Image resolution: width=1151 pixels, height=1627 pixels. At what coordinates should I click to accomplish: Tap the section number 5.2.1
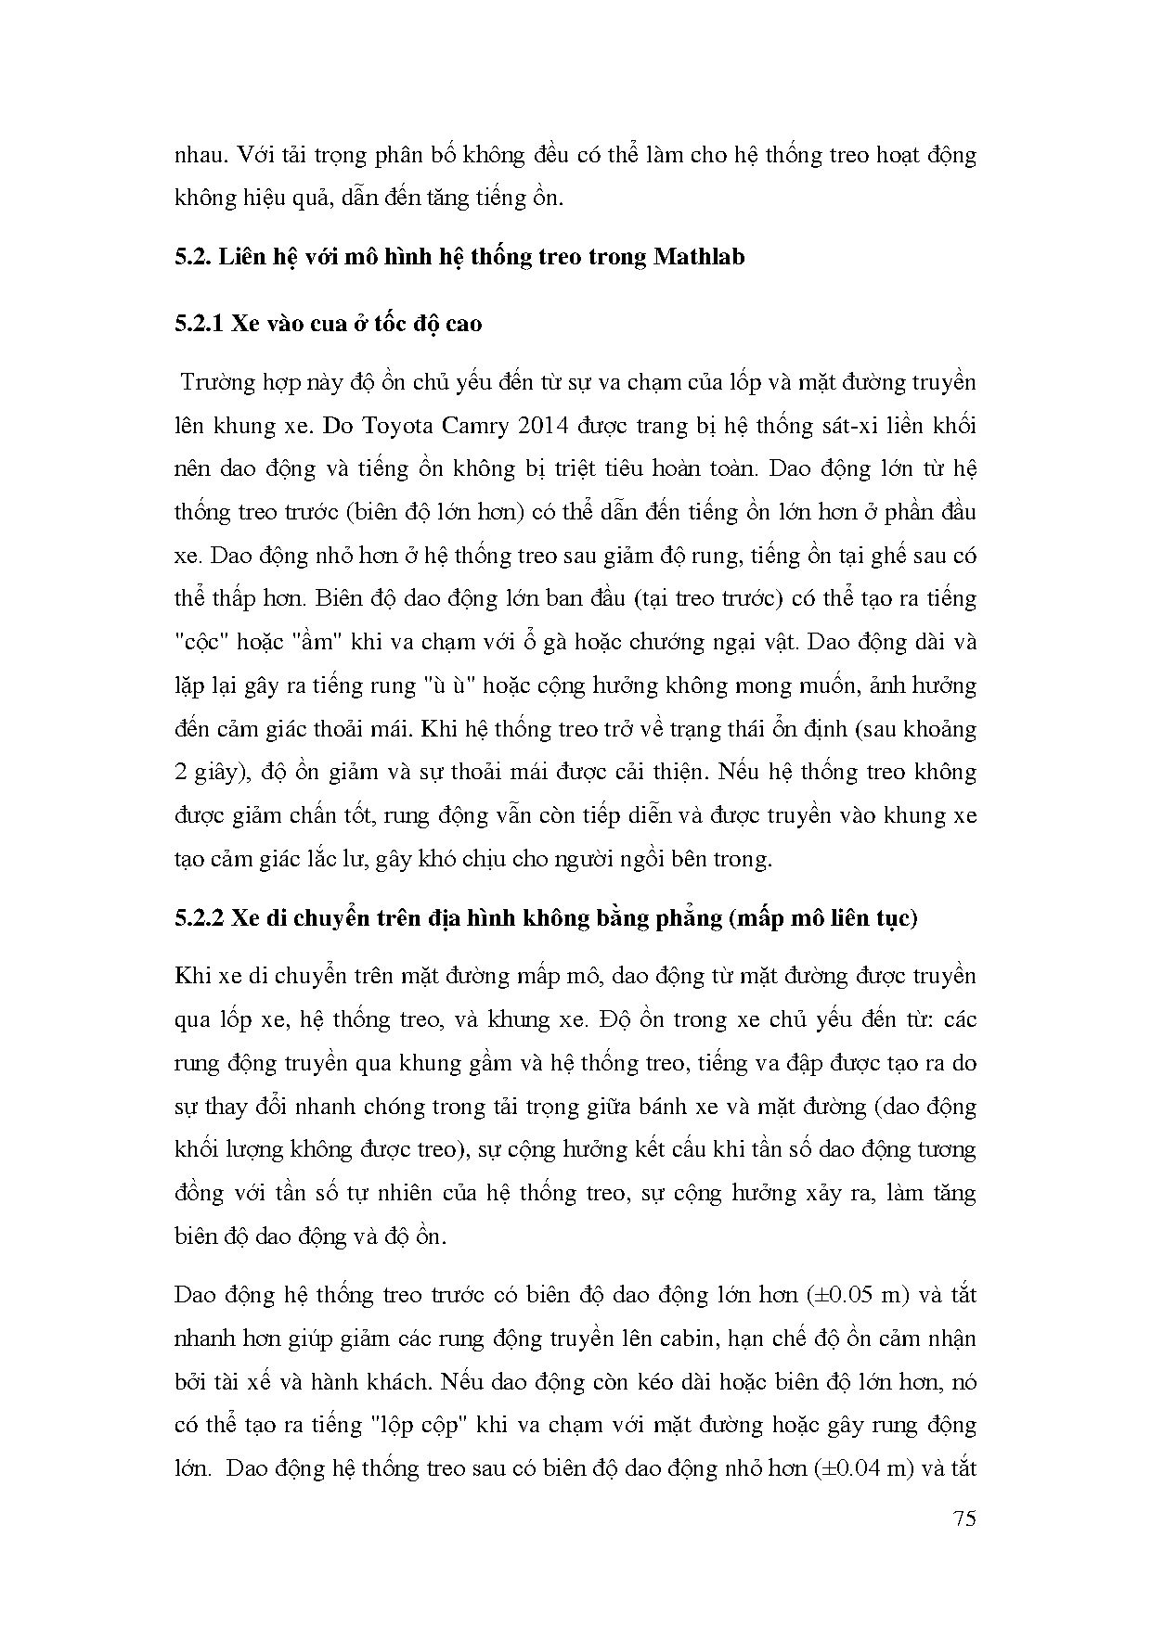click(x=199, y=324)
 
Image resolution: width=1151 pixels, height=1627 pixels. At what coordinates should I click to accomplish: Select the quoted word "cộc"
click(x=204, y=642)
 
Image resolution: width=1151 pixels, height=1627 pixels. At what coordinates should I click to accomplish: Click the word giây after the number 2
click(x=215, y=773)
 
